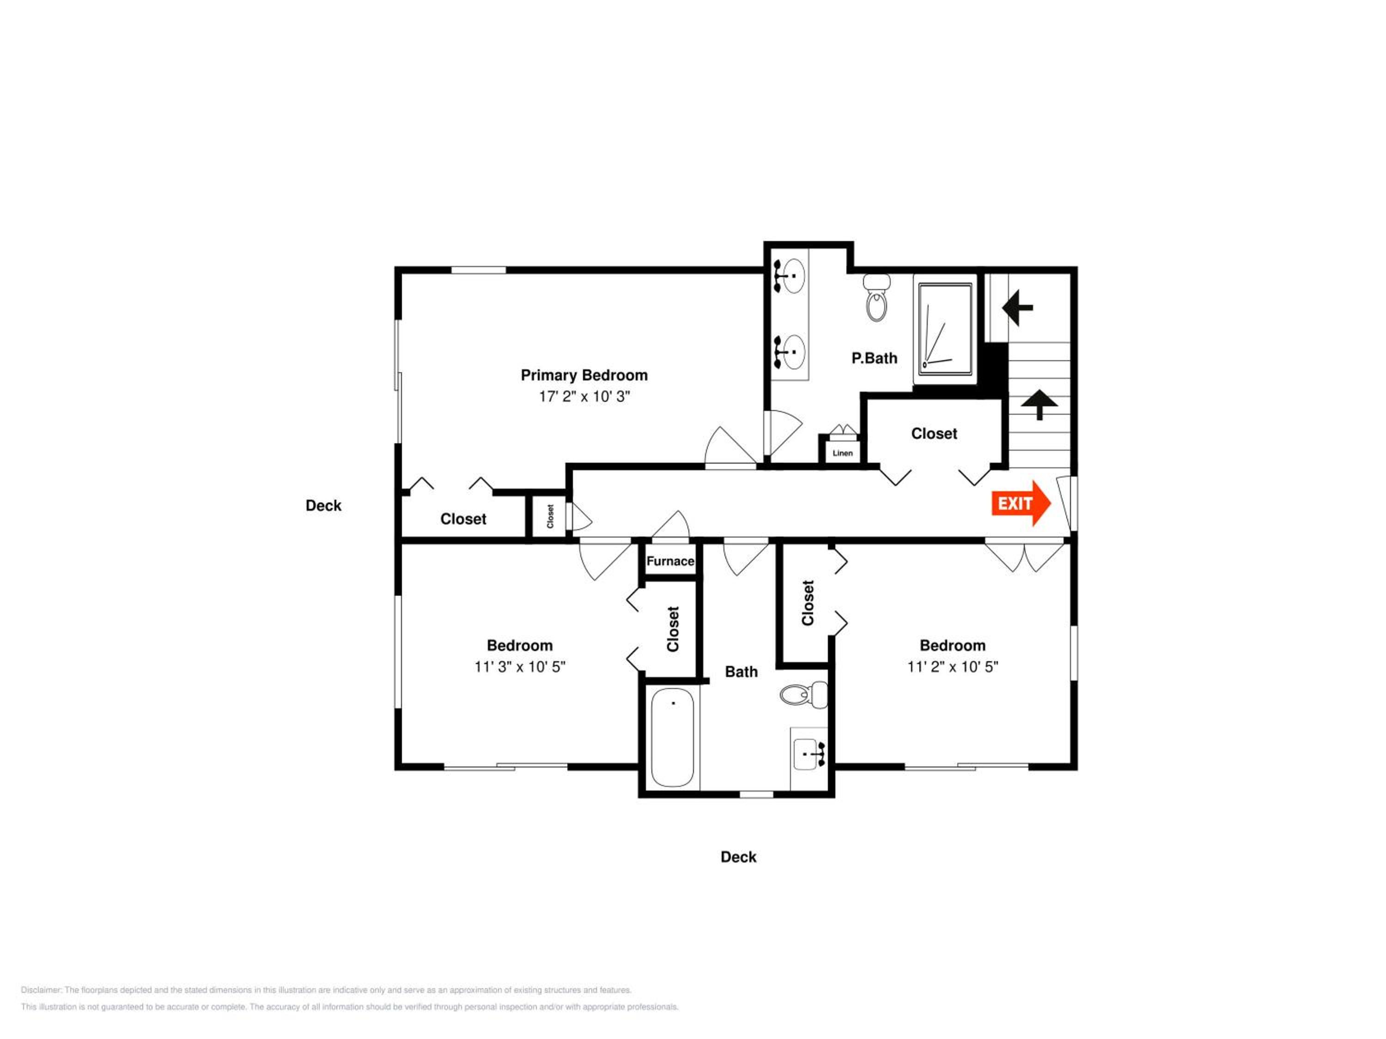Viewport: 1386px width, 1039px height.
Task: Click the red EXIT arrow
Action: [1021, 503]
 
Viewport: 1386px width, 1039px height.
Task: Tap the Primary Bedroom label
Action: [584, 375]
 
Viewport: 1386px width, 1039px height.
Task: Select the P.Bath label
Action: [874, 358]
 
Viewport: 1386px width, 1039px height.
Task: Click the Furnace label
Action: [670, 561]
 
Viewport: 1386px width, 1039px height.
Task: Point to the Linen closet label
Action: [843, 453]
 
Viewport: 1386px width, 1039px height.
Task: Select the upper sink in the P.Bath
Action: [790, 276]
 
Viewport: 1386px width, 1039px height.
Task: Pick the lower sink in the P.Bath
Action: [790, 352]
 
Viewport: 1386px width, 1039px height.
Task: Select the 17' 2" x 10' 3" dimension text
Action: [584, 396]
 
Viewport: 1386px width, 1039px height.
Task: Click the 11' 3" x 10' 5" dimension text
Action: [519, 667]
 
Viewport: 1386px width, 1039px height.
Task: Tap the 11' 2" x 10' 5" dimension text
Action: [952, 667]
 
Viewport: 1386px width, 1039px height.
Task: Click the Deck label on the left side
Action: [323, 505]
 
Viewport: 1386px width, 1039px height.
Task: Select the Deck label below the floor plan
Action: [738, 857]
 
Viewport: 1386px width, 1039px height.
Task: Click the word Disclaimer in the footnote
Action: [42, 990]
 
